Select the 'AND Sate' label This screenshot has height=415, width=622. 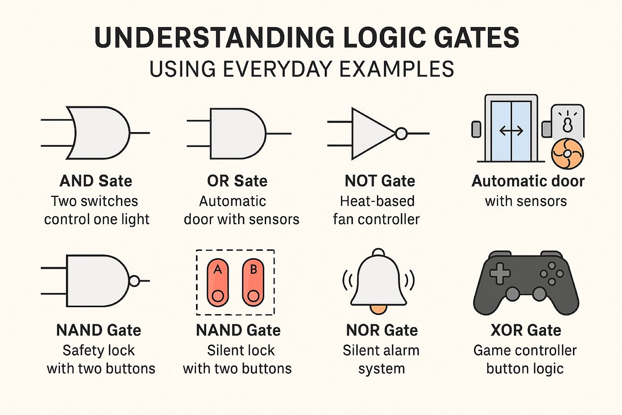pos(96,181)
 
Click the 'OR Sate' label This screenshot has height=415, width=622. pos(237,181)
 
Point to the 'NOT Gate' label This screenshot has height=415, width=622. pos(380,181)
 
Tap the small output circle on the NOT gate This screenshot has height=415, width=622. pos(401,133)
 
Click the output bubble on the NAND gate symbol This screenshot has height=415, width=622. pos(134,281)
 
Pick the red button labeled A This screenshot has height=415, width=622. pos(218,282)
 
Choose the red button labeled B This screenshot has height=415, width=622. pos(253,282)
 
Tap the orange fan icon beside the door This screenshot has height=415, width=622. pos(567,155)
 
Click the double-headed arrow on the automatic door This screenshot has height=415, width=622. pos(511,131)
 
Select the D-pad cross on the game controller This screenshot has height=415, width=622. pos(500,274)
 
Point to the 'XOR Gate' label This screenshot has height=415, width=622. pos(525,330)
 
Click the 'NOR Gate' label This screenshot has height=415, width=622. pos(382,330)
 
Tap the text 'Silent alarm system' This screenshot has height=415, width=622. pos(381,360)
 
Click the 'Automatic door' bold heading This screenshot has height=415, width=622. pos(528,181)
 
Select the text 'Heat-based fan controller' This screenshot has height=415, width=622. pos(376,210)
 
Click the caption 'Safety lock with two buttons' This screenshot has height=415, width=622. pos(100,360)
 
